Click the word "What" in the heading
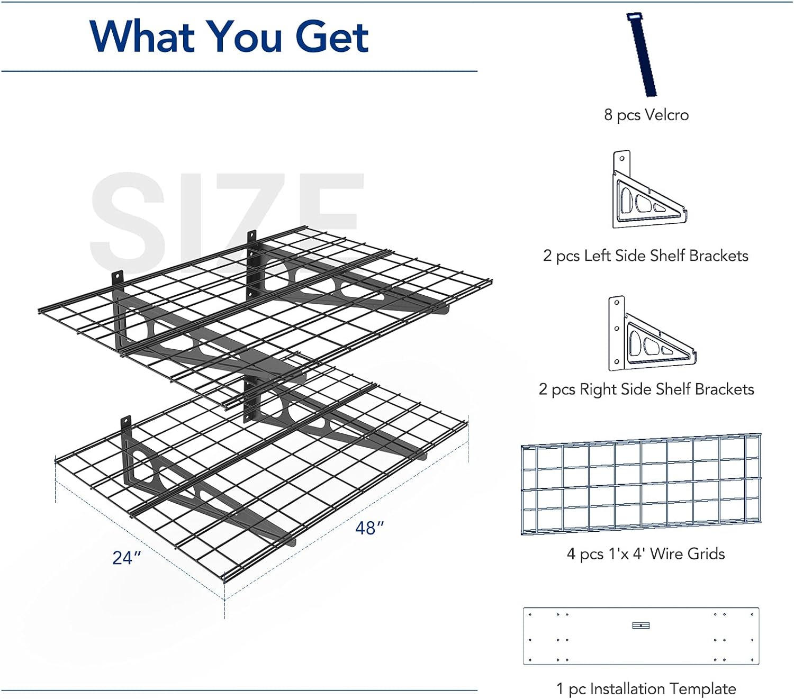click(142, 37)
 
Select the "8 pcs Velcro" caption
click(646, 115)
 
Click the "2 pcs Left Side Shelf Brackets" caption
click(645, 256)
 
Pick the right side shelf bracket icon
click(651, 333)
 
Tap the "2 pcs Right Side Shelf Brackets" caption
click(646, 389)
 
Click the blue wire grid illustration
click(641, 484)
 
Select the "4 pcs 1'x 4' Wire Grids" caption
click(645, 554)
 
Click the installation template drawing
click(641, 636)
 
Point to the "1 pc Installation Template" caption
click(646, 689)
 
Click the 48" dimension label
click(369, 529)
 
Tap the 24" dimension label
click(126, 558)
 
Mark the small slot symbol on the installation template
click(641, 625)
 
